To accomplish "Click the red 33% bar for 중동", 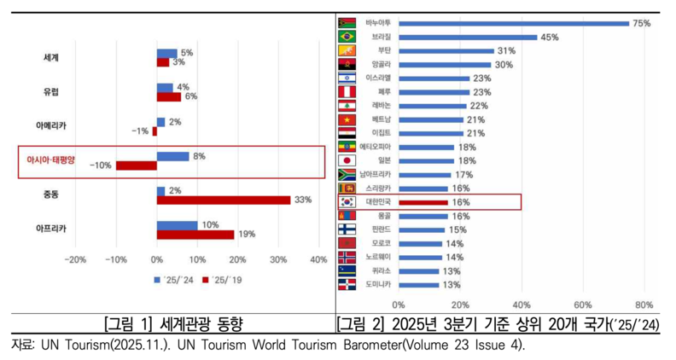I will point(224,200).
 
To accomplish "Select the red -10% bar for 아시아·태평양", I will point(136,165).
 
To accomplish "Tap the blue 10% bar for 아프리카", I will point(177,225).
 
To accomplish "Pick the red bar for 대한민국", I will point(422,202).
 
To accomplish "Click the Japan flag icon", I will point(347,160).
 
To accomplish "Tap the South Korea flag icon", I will point(347,202).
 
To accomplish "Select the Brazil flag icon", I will point(347,38).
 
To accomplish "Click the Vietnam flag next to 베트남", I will point(347,119).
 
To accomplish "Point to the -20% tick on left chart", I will point(76,259).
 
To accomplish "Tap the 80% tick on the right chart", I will point(644,304).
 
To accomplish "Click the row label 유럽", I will point(52,91).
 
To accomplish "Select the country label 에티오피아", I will point(375,147).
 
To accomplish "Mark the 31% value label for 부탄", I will point(506,51).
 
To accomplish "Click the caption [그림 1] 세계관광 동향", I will point(172,324).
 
